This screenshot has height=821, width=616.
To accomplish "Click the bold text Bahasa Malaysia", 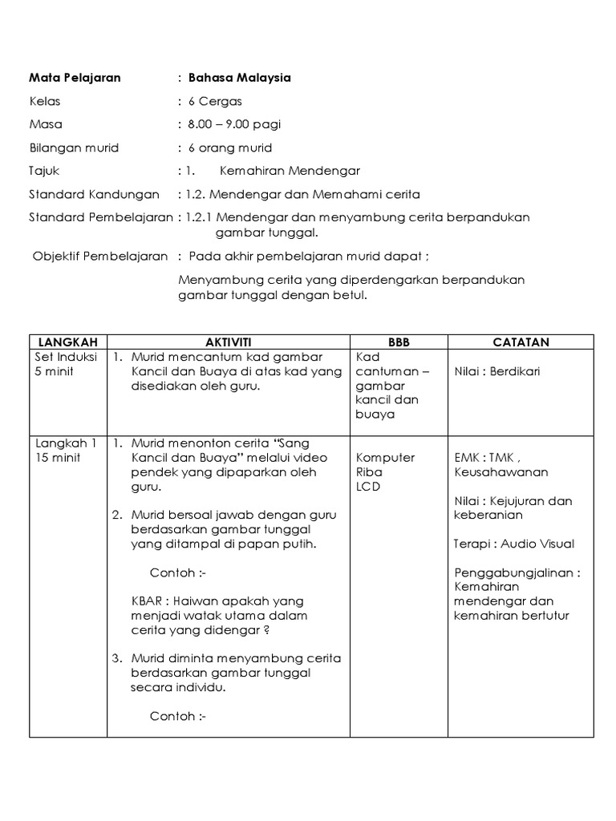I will coord(239,78).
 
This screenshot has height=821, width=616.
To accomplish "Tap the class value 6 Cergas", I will coord(215,101).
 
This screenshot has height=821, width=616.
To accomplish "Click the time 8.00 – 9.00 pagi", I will coord(234,124).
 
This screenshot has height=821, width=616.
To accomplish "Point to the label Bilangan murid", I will coord(73,148).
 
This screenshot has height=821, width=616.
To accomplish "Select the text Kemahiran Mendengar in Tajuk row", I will coord(290,171).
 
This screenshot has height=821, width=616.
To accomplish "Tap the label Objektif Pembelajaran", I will coord(100,257).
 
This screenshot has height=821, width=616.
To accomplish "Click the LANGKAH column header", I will coord(67,342).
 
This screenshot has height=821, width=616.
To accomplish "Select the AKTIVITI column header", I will coord(228,342).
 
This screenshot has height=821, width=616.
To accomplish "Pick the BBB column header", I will coord(398,342).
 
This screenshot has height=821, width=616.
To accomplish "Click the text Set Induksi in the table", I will coord(65,357).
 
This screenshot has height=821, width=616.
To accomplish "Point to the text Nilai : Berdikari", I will coord(496,371).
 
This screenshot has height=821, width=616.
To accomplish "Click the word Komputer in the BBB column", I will coord(385,457).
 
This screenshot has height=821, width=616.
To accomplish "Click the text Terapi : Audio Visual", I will coord(513,544).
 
